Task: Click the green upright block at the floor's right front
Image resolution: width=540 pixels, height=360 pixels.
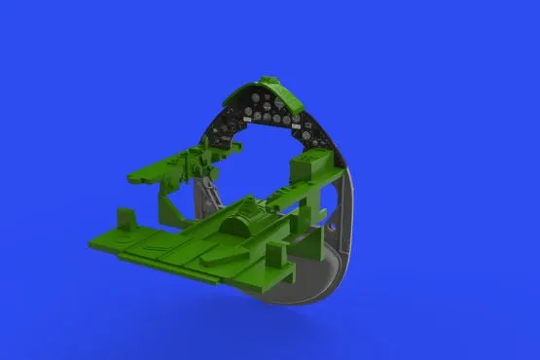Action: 274,255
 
